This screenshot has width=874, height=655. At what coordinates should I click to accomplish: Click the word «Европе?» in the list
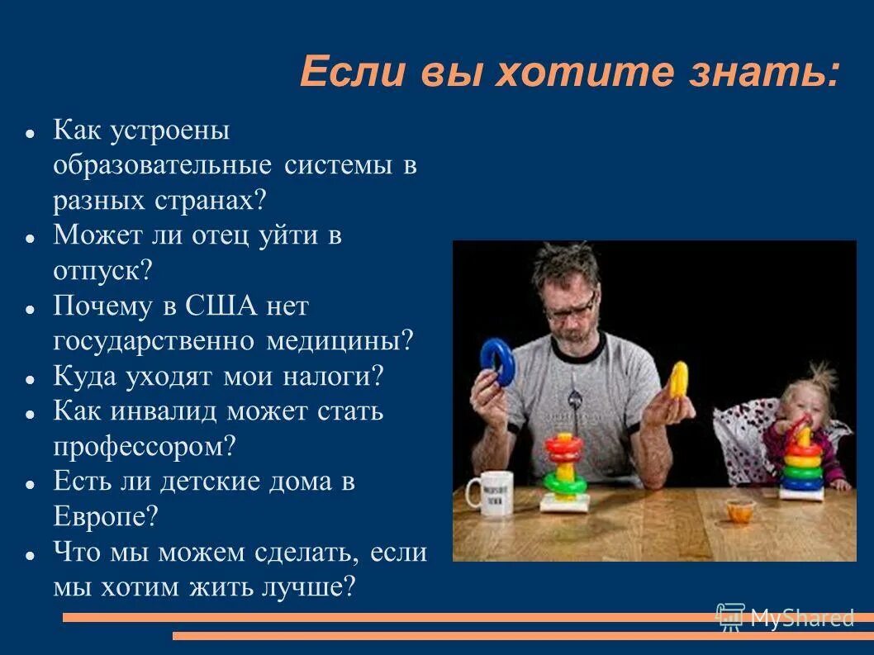[x=105, y=517]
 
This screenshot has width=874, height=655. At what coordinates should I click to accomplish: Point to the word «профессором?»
[x=145, y=447]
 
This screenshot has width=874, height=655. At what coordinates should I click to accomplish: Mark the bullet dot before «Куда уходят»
[x=30, y=379]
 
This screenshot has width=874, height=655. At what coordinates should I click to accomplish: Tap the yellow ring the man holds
[x=678, y=379]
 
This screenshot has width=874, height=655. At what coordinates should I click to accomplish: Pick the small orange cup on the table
[x=737, y=510]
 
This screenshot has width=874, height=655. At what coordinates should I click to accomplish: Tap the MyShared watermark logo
[x=785, y=616]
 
